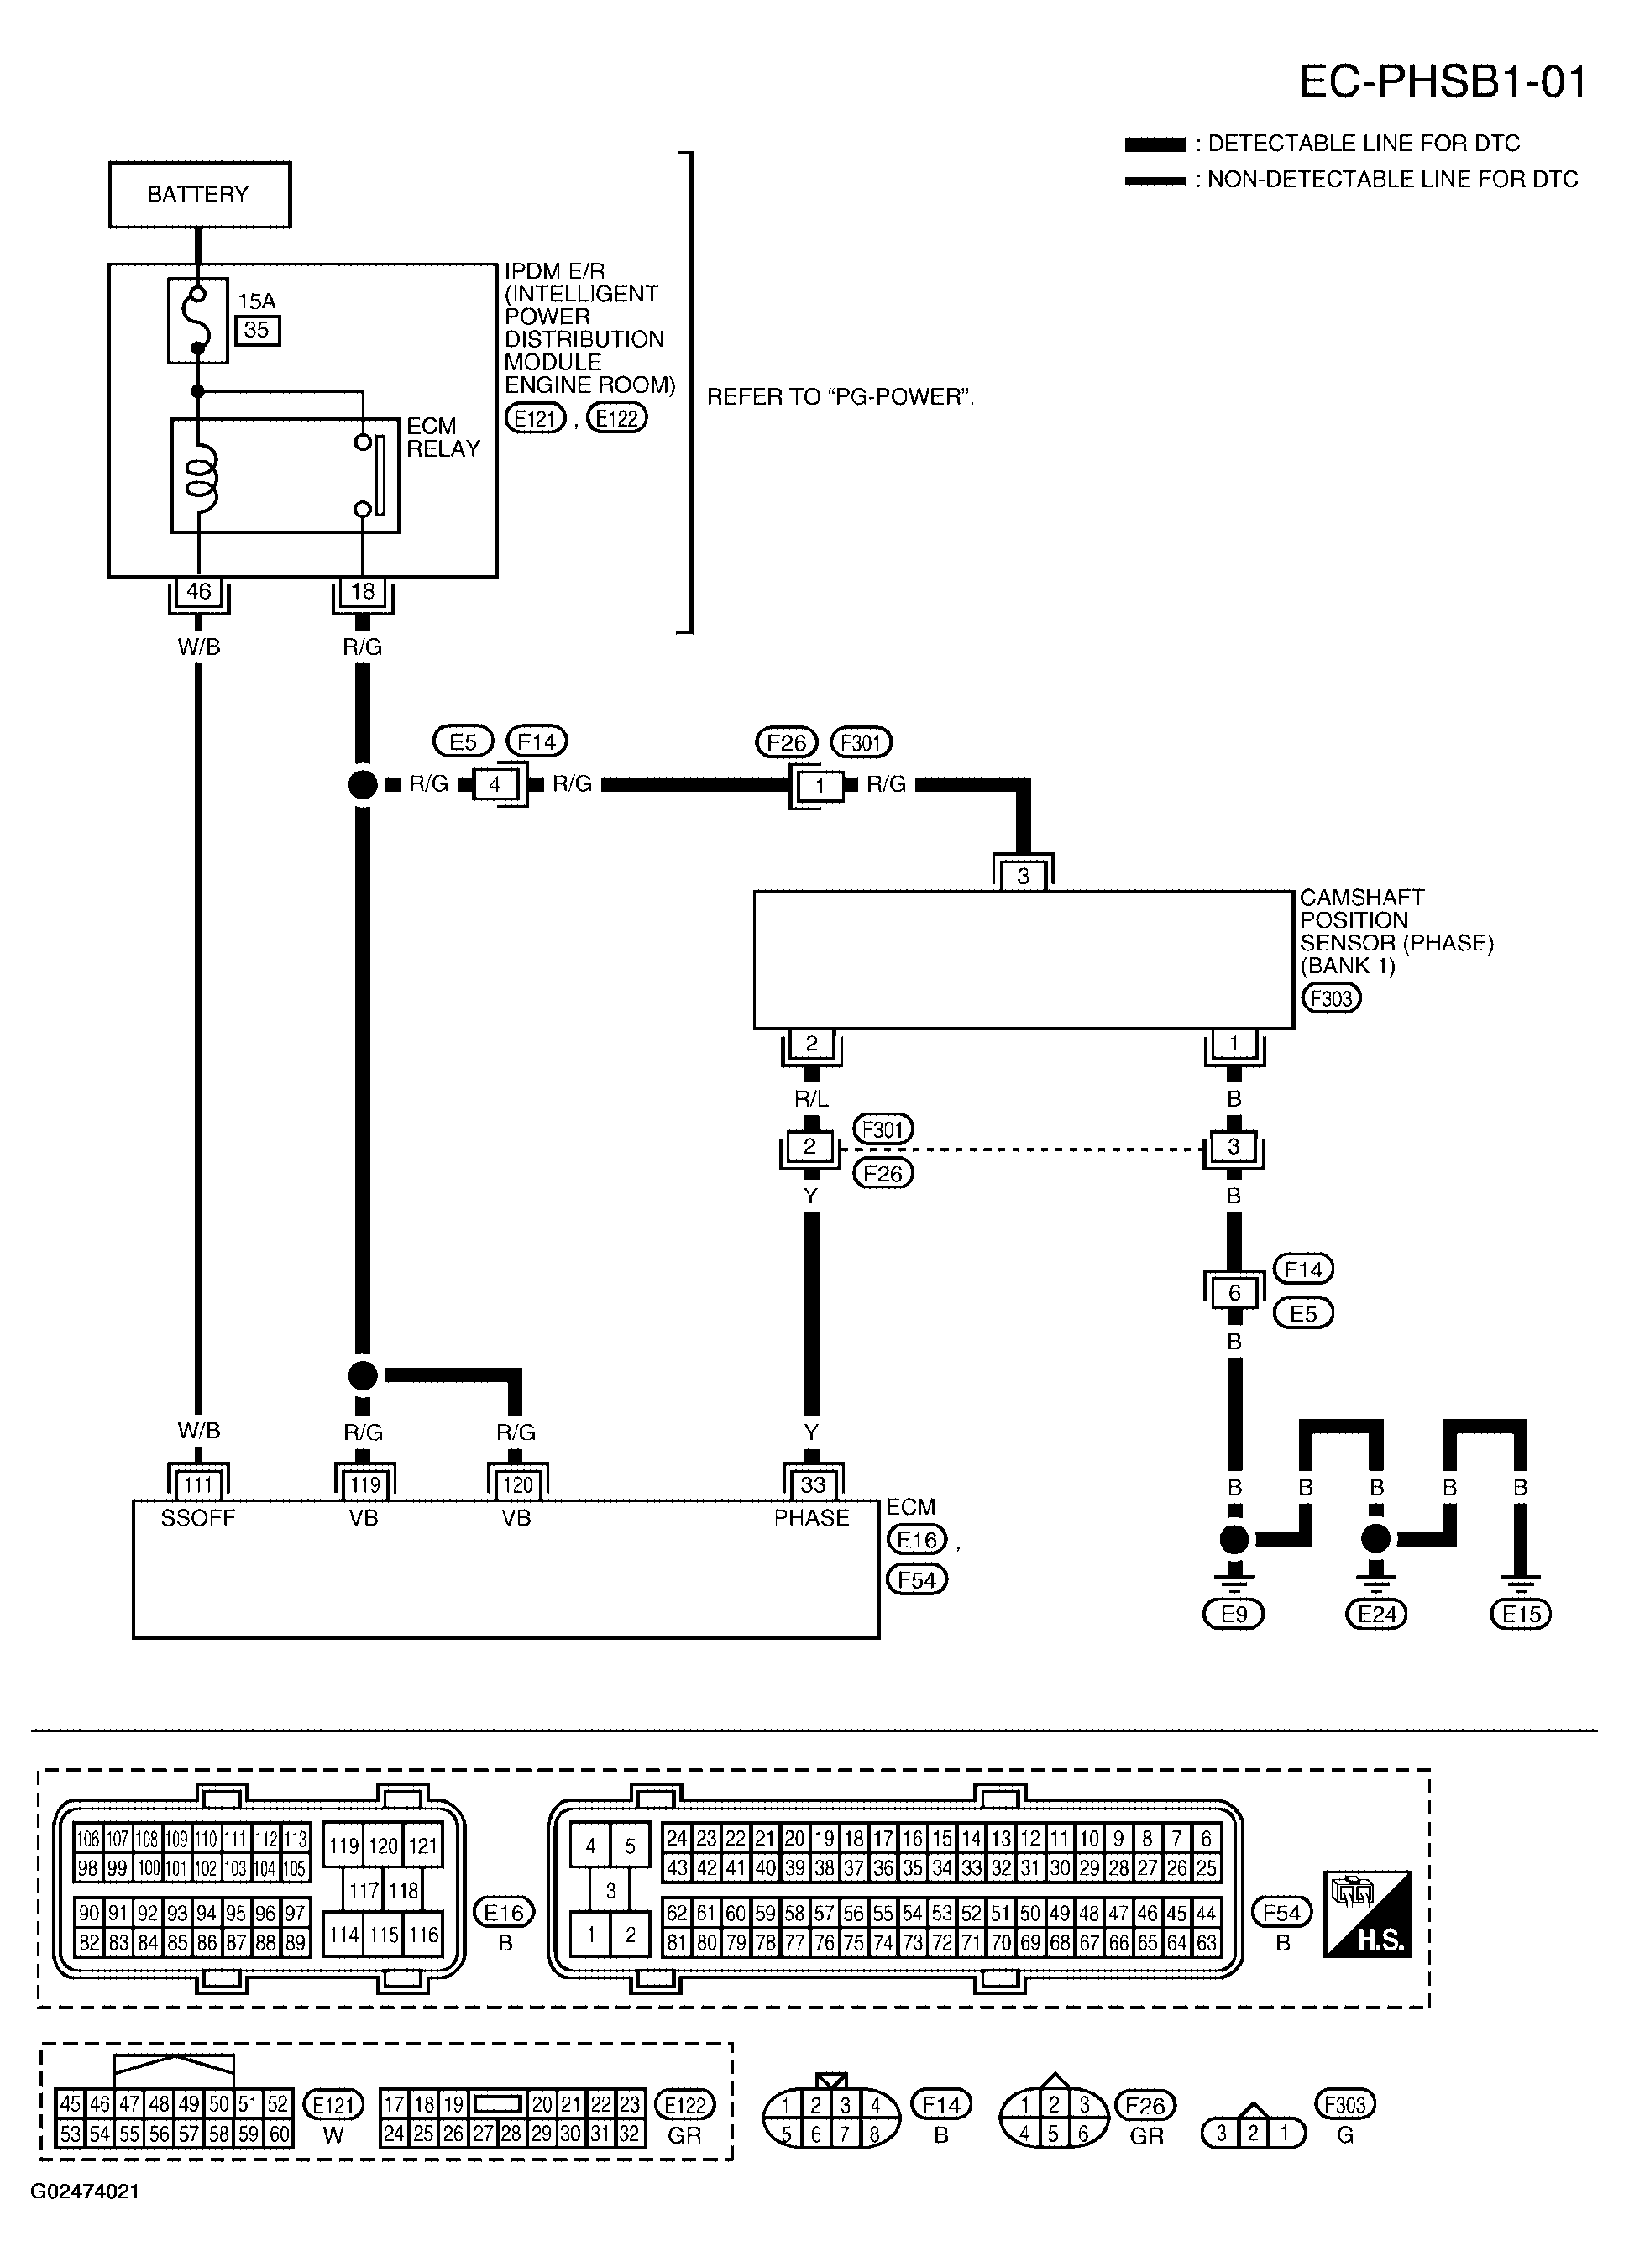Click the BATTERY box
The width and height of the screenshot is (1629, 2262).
point(200,195)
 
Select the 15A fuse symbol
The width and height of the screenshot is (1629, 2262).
point(197,320)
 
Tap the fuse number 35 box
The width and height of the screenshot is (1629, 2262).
point(258,330)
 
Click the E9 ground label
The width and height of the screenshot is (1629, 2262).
point(1234,1614)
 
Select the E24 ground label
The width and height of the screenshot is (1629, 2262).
point(1375,1614)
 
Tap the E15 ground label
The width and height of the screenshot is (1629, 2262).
point(1521,1614)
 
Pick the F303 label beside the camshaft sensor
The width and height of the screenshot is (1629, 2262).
point(1332,998)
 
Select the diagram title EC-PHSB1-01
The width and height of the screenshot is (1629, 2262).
point(1442,81)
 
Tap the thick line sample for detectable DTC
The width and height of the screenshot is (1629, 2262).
point(1155,144)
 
